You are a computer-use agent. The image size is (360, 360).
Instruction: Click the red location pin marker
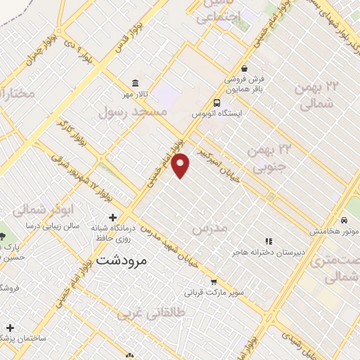(181, 165)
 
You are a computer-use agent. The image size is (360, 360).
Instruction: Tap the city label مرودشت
(121, 259)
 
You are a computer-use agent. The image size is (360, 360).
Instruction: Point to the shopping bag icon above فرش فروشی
(244, 68)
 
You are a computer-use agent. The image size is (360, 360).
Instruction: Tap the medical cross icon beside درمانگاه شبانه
(112, 218)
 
